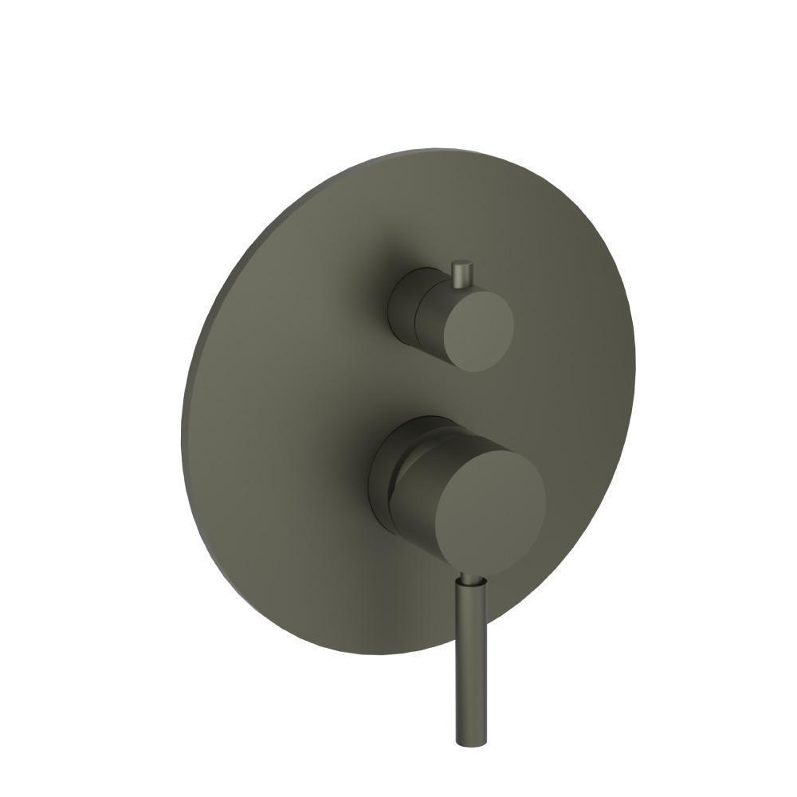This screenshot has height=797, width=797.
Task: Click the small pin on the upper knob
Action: point(461,275)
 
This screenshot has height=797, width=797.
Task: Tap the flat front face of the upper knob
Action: point(477,330)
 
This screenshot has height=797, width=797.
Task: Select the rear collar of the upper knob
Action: point(401,303)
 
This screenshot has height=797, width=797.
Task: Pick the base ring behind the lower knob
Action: point(380,470)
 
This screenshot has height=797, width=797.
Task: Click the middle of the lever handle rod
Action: point(467,662)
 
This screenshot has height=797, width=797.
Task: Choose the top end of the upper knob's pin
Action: point(461,262)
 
